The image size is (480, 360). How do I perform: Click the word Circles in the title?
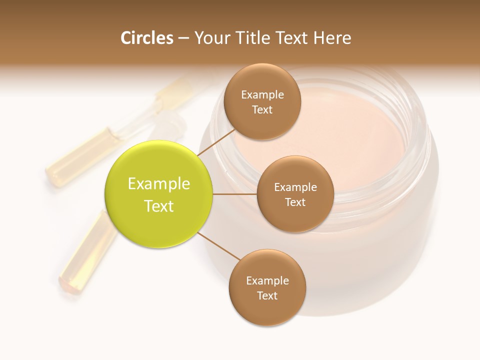coord(146,38)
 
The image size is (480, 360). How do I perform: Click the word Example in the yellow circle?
coord(159,184)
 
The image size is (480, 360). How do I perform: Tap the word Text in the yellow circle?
coord(159,206)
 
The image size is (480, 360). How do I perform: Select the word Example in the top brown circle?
coord(262,94)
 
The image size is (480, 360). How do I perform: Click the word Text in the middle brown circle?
coord(295,202)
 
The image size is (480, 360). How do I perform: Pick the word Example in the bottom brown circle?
coord(267,280)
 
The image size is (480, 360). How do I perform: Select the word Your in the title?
coord(210,38)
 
